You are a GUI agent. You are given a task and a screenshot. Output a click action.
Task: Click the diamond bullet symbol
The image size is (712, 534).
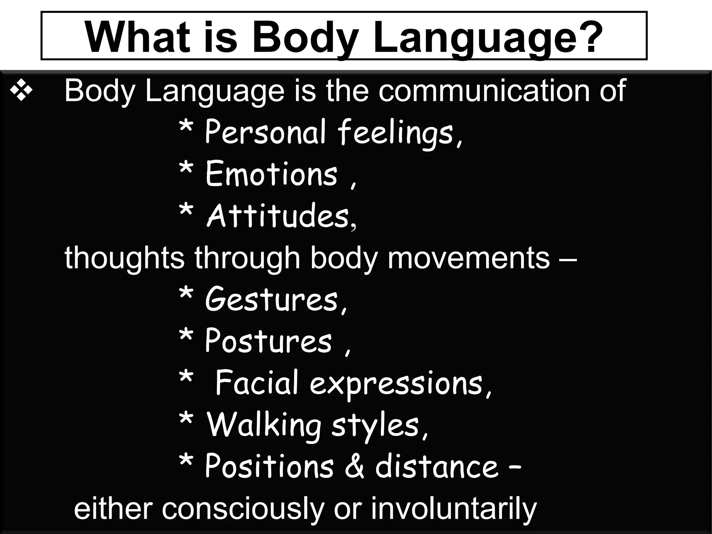click(x=21, y=91)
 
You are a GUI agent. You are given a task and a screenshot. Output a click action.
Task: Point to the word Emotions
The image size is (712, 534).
click(x=272, y=174)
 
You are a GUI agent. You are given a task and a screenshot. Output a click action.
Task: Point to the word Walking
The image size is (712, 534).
click(x=264, y=425)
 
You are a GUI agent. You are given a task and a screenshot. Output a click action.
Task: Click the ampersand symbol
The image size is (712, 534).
click(x=355, y=466)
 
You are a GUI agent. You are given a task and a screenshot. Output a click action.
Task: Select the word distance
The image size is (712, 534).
click(x=437, y=466)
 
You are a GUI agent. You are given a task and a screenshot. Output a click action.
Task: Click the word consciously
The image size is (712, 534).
click(x=243, y=509)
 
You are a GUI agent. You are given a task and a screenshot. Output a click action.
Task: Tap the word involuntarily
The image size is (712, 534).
click(x=453, y=509)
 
